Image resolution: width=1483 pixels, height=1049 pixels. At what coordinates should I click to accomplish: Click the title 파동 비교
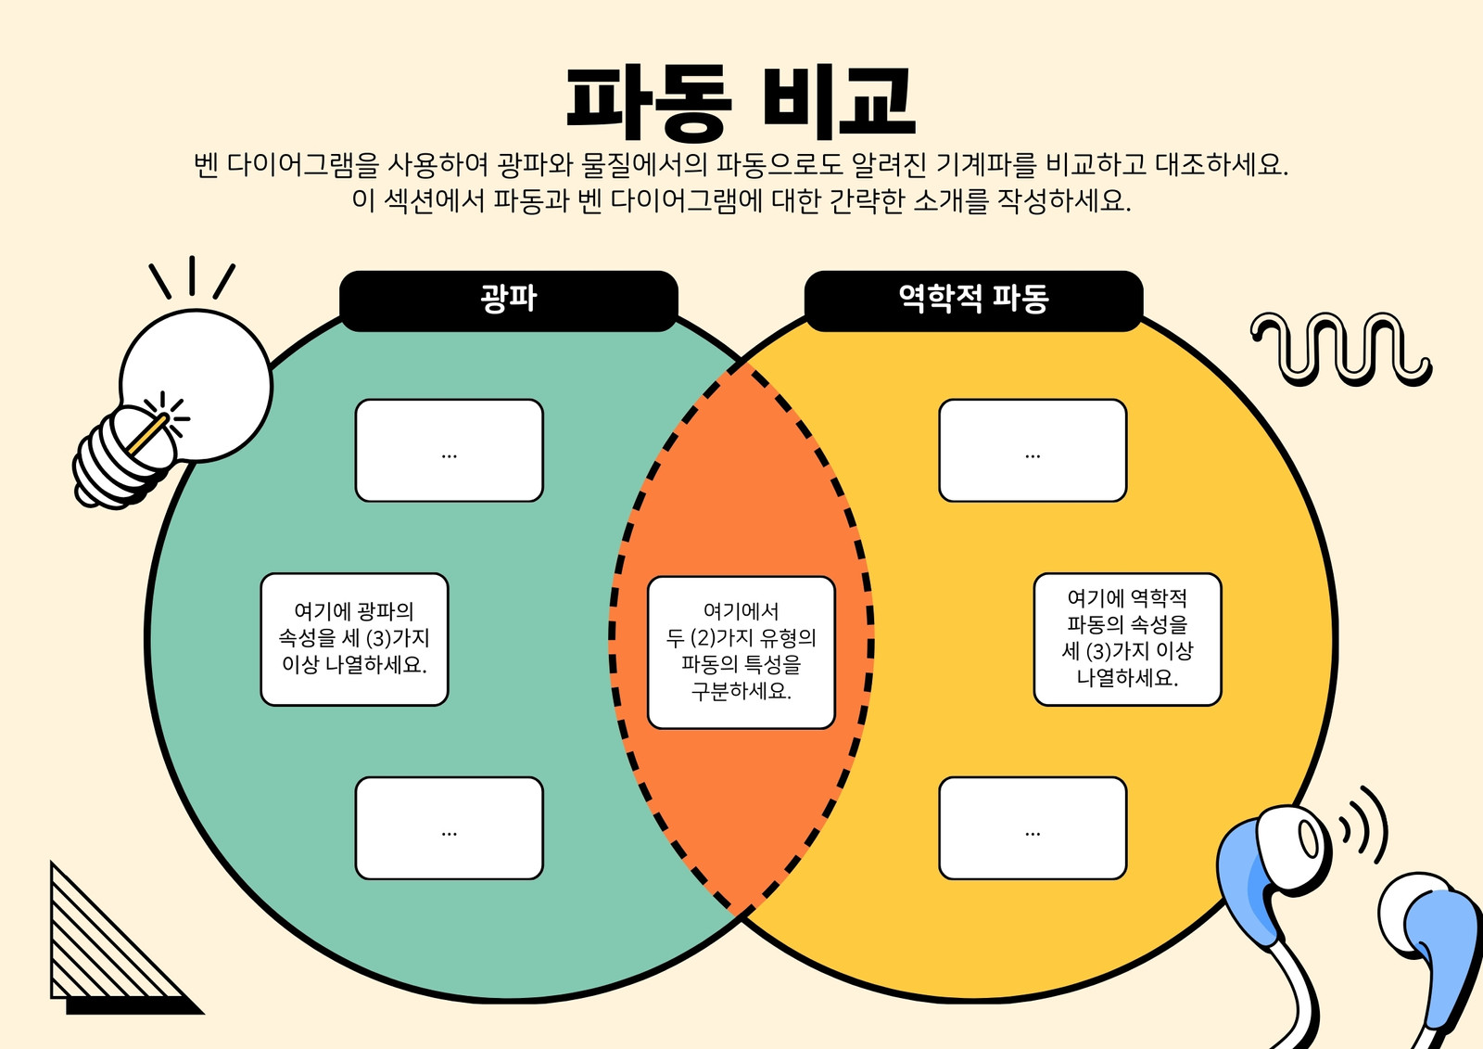(x=741, y=103)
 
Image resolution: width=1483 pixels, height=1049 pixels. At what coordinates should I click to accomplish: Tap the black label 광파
(x=509, y=301)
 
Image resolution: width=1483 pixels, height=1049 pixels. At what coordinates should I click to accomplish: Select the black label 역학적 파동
(x=973, y=301)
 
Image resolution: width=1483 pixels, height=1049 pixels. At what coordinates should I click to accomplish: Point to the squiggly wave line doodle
(x=1341, y=350)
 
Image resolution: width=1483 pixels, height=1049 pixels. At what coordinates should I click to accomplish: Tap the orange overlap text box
(x=741, y=653)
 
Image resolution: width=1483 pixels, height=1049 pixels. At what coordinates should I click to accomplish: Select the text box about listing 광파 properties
(x=354, y=639)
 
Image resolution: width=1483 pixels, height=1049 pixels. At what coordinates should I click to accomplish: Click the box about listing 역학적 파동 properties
(x=1127, y=639)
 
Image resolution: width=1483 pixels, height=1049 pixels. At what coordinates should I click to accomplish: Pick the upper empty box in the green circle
(x=449, y=451)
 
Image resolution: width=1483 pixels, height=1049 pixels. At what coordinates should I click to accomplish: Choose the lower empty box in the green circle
(x=449, y=828)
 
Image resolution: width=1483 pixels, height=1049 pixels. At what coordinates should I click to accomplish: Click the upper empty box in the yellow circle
(x=1033, y=451)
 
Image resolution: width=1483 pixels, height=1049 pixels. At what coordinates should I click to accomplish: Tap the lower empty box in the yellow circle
(x=1033, y=828)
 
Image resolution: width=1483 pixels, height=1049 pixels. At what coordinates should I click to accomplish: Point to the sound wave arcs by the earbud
(x=1363, y=825)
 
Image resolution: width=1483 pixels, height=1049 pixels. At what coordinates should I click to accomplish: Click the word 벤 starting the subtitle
(x=206, y=165)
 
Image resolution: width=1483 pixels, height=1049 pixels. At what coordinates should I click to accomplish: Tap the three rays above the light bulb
(x=192, y=277)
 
